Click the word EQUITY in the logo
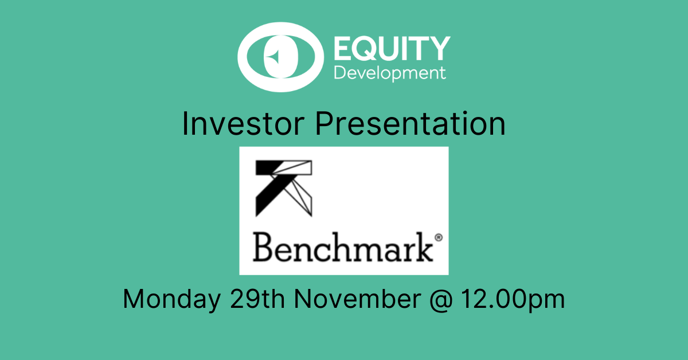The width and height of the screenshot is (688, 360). [392, 48]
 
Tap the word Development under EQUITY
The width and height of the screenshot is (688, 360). [390, 73]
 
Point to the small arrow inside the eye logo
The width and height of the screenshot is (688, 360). [273, 57]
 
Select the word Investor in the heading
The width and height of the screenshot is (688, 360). [243, 123]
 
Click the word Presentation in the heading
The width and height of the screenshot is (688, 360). [411, 123]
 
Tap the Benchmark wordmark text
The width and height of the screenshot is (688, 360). [343, 247]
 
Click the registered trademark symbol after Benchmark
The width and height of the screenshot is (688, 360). [439, 237]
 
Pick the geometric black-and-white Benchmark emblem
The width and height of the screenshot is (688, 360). [283, 188]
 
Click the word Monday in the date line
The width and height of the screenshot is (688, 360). [171, 299]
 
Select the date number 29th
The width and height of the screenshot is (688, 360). [257, 299]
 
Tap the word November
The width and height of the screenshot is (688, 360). [358, 299]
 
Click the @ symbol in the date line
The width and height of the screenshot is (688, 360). [441, 300]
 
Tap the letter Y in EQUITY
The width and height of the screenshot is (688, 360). [439, 48]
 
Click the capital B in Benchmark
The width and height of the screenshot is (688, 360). [263, 247]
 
